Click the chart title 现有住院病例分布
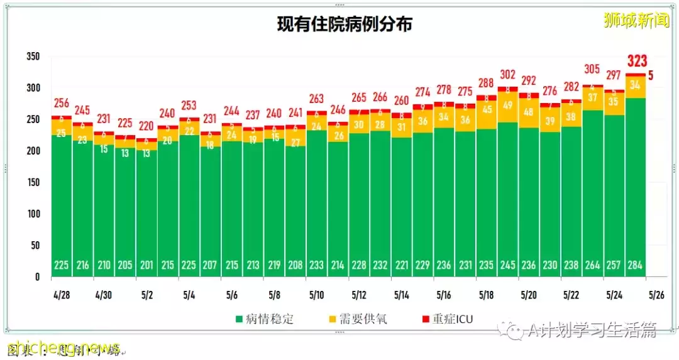click(345, 25)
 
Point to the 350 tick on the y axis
click(33, 57)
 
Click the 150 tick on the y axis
click(33, 182)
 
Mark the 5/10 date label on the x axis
click(316, 295)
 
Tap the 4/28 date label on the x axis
click(61, 295)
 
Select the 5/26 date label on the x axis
click(656, 295)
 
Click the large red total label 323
click(636, 62)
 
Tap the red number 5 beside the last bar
click(651, 75)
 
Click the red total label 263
click(316, 99)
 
